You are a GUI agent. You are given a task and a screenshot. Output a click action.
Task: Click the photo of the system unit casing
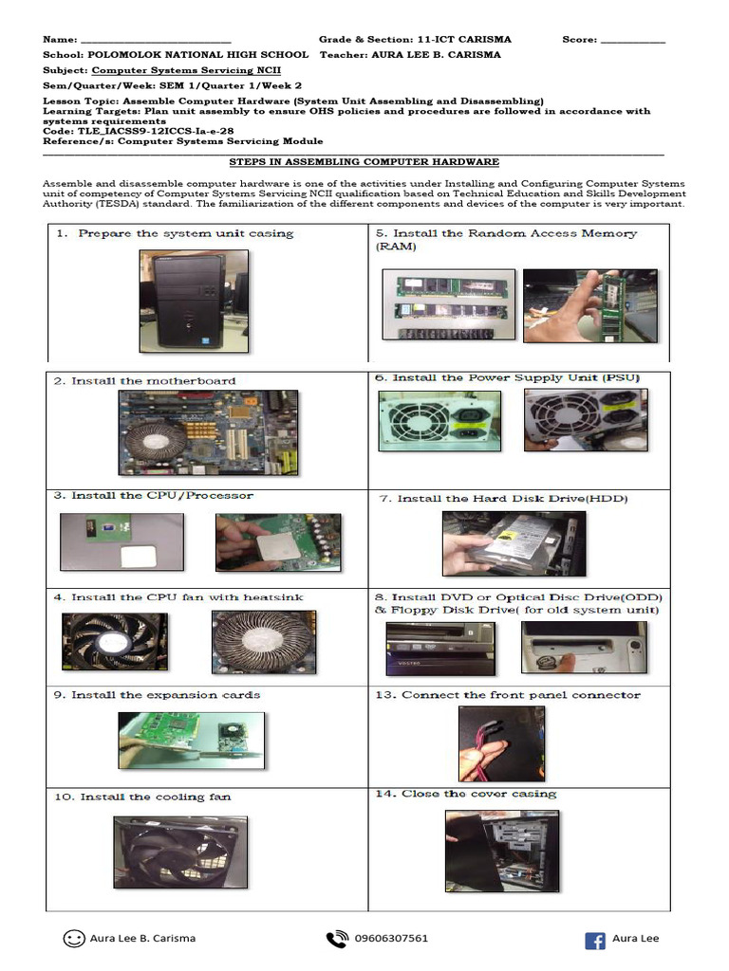194,300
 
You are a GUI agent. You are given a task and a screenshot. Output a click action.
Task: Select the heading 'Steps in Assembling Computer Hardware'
364,162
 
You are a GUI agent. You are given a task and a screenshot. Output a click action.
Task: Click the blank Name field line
156,41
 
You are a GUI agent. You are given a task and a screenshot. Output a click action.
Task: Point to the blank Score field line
633,41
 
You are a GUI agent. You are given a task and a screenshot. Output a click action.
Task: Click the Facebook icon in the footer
595,940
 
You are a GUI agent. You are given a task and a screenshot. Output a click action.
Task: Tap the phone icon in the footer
336,939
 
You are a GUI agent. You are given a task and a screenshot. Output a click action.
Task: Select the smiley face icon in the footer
73,939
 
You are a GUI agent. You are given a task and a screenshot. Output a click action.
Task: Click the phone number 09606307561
391,939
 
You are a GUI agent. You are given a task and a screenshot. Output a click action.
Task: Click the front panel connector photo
488,743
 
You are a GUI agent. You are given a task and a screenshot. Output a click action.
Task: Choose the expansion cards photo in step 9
190,745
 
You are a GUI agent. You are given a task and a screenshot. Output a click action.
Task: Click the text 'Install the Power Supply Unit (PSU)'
516,377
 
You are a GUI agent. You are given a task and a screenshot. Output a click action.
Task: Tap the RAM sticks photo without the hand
446,305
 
